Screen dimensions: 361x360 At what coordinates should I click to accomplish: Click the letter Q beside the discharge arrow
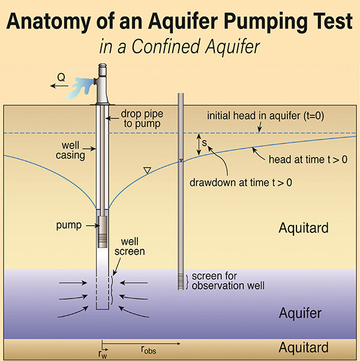click(60, 77)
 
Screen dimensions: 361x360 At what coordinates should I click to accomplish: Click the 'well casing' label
click(75, 150)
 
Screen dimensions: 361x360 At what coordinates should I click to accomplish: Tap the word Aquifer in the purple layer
click(301, 313)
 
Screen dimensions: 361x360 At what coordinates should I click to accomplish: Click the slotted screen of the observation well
click(181, 280)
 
